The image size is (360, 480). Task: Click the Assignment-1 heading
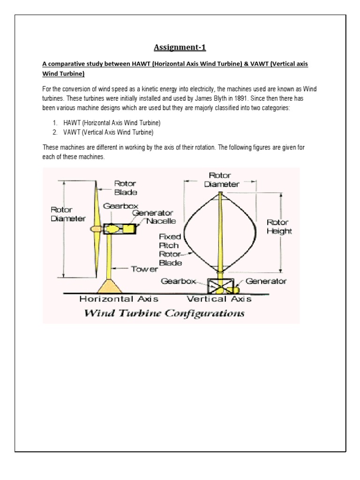coord(180,47)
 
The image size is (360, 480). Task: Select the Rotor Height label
coord(278,226)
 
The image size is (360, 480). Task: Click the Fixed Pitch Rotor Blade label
coord(170,250)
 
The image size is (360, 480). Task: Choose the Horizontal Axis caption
coord(119,299)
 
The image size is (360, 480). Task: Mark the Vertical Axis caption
coord(219,299)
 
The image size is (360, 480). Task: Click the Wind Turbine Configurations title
coord(164,313)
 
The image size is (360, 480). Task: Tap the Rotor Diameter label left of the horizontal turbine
coord(68,214)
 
